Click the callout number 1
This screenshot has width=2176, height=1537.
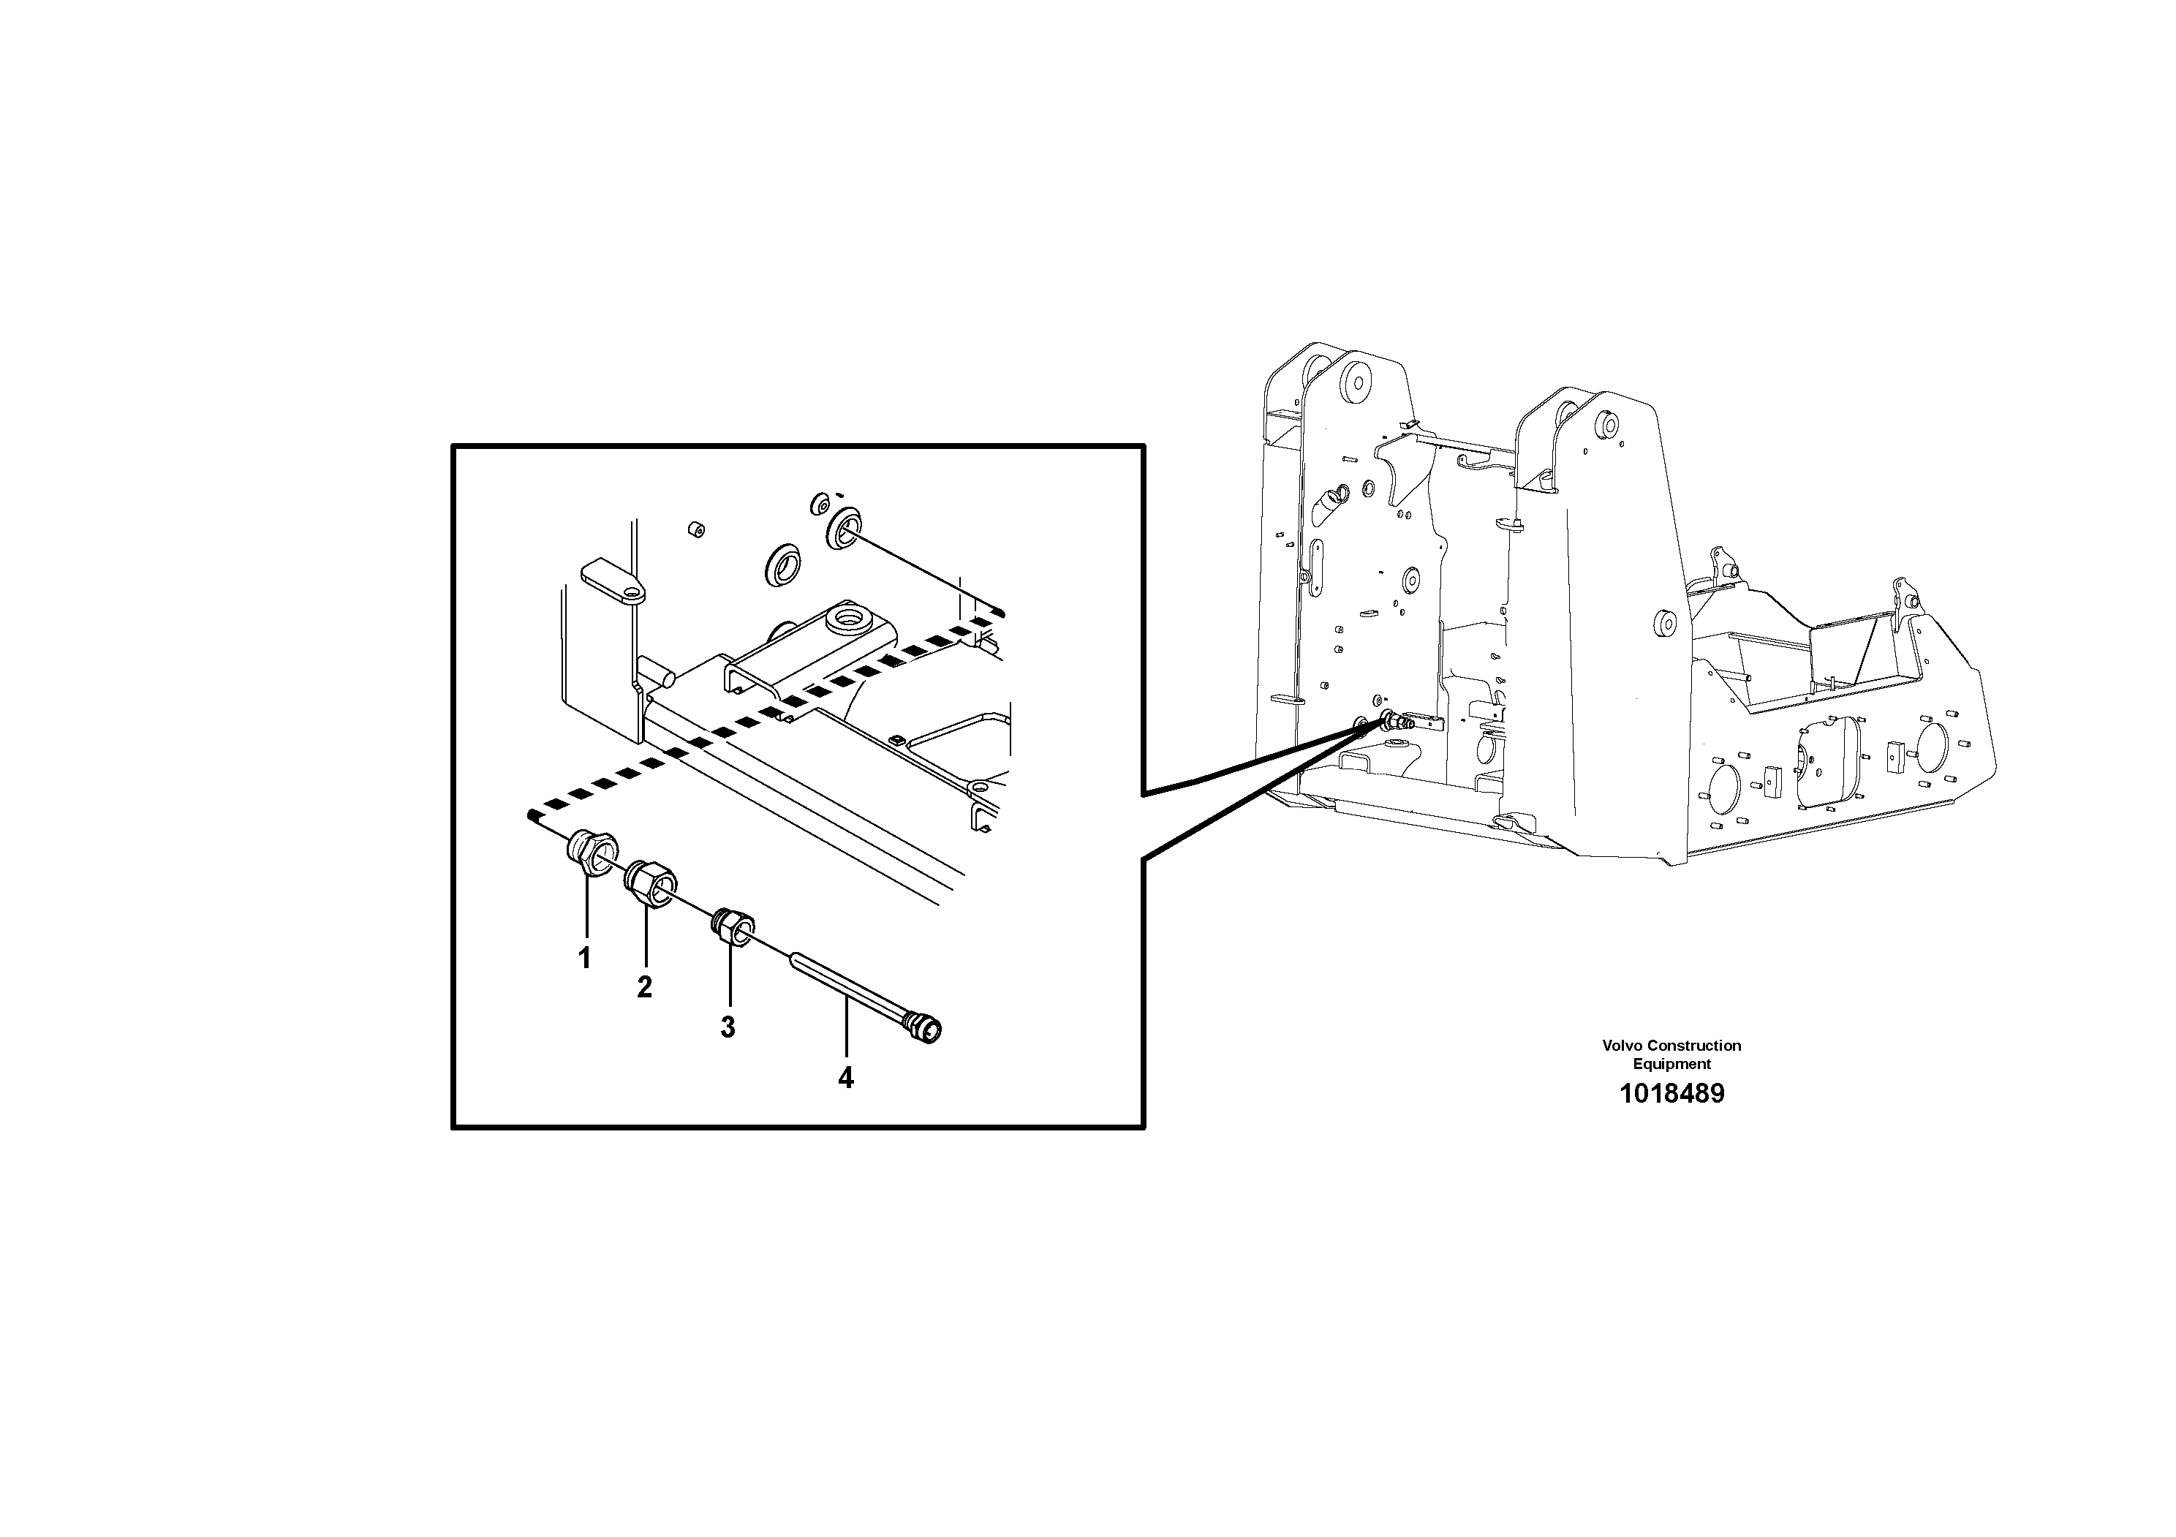tap(585, 958)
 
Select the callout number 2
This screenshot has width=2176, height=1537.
tap(644, 987)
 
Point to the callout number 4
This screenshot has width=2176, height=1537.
tap(845, 1077)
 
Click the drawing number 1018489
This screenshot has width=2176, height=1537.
tap(1671, 1094)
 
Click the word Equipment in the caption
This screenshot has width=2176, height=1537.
tap(1671, 1064)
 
